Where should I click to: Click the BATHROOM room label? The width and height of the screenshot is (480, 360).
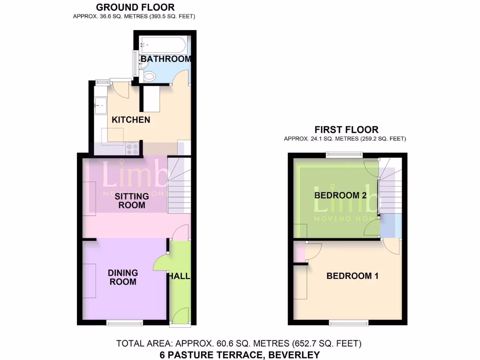[x=165, y=59]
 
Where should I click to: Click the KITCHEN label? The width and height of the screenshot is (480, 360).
[x=131, y=120]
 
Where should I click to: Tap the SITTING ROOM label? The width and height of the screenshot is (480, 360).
[x=132, y=201]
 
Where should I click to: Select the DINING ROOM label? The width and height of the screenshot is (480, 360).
[x=123, y=277]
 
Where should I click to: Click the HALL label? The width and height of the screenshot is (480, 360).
[x=180, y=276]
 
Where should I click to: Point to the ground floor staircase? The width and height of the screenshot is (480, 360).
[x=178, y=185]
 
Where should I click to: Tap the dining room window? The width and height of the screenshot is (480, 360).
[x=124, y=322]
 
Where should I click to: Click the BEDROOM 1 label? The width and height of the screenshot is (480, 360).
[x=352, y=276]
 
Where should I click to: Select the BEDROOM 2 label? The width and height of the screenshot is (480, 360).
[x=340, y=195]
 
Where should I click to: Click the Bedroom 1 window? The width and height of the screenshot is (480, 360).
[x=348, y=322]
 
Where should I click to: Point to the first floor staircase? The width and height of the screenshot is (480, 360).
[x=390, y=187]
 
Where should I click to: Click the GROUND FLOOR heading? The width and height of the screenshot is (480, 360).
[x=135, y=7]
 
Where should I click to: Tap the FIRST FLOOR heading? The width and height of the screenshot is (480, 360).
[x=346, y=130]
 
